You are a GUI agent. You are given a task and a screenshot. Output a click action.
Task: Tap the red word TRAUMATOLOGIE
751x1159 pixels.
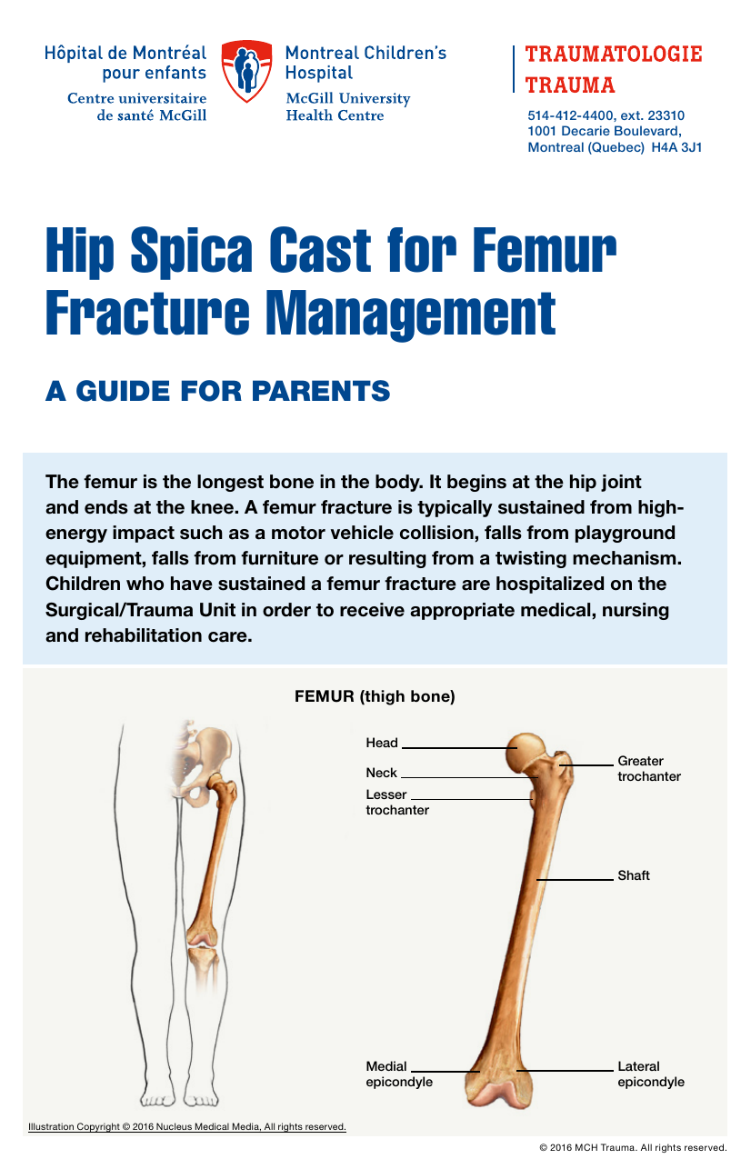tap(614, 55)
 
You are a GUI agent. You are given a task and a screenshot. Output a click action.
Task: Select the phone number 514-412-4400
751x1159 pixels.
tap(565, 115)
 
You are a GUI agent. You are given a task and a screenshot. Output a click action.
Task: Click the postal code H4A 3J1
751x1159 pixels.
tap(676, 147)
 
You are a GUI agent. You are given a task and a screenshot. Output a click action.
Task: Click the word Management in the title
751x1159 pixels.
tap(411, 315)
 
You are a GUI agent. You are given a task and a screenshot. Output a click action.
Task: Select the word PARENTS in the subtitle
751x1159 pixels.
tap(321, 391)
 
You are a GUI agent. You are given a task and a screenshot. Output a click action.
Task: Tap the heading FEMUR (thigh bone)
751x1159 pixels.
tap(375, 696)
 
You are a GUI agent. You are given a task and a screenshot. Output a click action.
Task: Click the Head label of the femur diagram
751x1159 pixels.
tap(382, 743)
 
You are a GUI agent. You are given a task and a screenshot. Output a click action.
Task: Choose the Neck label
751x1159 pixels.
tap(381, 773)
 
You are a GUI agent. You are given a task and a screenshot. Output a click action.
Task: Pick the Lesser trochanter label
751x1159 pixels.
tap(397, 802)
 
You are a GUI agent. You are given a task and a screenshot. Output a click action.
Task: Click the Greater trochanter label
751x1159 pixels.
tap(649, 768)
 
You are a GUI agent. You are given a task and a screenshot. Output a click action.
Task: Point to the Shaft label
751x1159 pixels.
tap(634, 875)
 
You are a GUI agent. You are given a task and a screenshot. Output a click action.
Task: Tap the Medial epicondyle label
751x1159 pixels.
tap(399, 1074)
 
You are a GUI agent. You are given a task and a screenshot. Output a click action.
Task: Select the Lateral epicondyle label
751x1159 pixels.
tap(651, 1074)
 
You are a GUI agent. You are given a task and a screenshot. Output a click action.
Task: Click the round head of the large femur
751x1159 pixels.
tap(526, 754)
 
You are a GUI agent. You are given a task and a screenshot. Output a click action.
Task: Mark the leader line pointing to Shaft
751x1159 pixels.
tap(575, 879)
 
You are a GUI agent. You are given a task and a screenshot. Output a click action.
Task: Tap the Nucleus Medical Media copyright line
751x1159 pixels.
tap(187, 1126)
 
